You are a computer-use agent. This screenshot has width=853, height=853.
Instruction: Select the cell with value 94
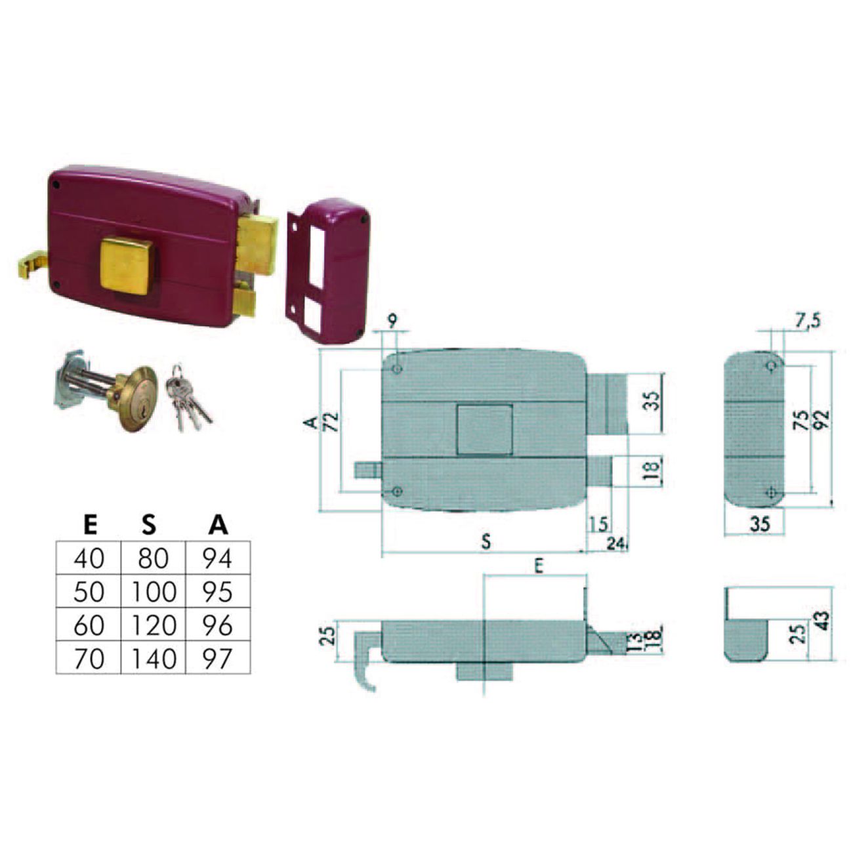[218, 558]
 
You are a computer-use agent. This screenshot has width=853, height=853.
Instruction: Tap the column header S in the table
[150, 524]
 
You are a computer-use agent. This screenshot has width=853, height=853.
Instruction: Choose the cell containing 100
[153, 591]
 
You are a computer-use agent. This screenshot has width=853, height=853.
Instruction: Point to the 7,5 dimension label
[808, 320]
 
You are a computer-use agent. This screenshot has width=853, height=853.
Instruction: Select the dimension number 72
[331, 421]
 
